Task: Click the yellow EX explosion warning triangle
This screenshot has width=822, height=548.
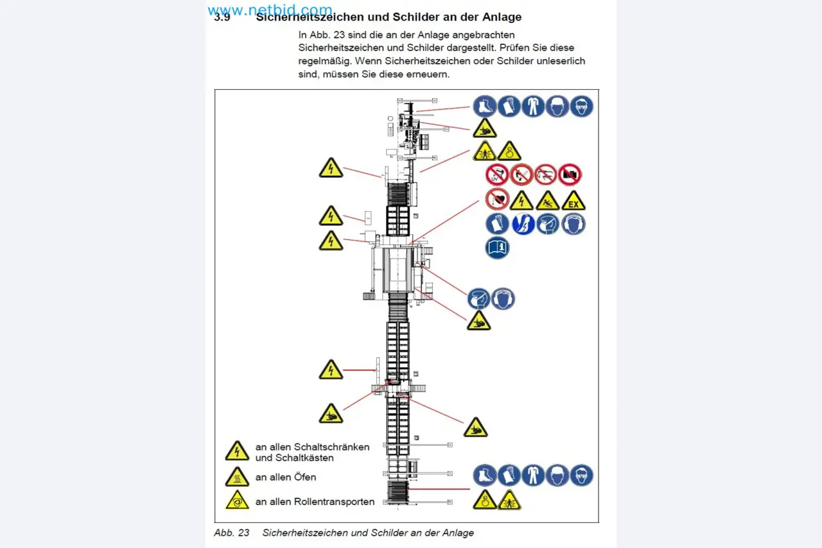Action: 573,201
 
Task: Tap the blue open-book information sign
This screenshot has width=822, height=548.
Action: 498,247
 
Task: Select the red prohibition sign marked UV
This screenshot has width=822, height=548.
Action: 497,175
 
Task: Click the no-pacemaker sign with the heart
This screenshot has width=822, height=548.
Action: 497,200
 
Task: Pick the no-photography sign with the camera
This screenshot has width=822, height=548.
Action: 570,175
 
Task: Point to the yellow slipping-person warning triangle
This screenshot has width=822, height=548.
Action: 548,201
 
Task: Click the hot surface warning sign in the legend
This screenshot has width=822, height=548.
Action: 237,477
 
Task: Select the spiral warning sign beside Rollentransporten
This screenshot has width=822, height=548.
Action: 237,501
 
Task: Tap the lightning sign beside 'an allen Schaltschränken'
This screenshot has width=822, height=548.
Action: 237,452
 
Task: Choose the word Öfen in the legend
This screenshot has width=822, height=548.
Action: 304,477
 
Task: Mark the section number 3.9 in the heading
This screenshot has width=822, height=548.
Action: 222,18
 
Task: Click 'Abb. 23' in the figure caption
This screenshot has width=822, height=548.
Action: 231,533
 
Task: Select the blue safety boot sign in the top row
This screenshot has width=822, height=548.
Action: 485,106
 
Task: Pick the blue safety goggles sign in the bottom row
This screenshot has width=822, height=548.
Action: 582,475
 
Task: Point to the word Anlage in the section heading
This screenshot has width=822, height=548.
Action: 498,17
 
